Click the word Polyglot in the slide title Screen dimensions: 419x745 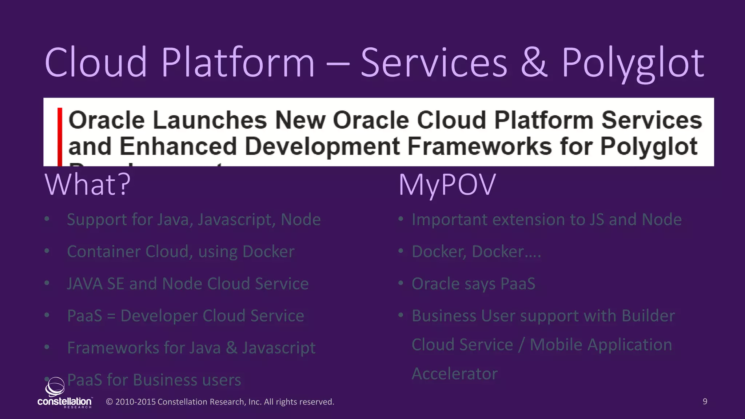633,64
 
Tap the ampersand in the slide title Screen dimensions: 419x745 534,63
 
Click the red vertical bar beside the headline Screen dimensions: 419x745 60,136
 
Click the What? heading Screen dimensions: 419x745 87,185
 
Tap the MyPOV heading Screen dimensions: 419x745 447,185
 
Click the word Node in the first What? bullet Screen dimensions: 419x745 301,220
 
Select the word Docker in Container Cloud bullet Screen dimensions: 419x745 268,252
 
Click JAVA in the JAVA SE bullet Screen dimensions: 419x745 84,284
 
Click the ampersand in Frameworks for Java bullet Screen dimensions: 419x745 231,348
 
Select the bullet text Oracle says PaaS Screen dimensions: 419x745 473,284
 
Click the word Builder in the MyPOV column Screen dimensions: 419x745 648,316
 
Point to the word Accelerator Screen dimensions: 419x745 454,374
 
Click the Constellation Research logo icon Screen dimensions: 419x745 55,386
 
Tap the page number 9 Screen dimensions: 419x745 705,402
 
